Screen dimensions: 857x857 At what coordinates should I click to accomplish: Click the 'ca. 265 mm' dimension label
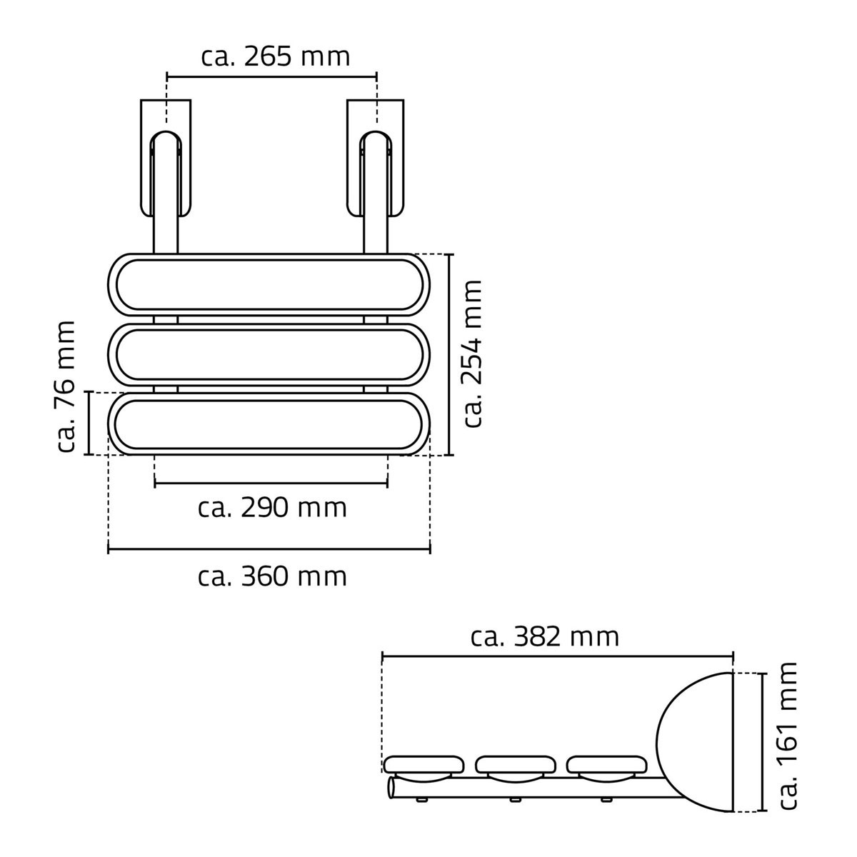pyautogui.click(x=275, y=56)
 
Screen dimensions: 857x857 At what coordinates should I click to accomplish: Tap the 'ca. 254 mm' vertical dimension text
pyautogui.click(x=472, y=354)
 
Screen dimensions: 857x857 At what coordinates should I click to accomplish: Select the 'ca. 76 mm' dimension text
pyautogui.click(x=66, y=386)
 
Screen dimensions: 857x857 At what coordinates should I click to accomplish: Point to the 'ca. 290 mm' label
pyautogui.click(x=272, y=508)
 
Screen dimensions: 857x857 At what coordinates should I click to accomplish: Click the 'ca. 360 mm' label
pyautogui.click(x=272, y=576)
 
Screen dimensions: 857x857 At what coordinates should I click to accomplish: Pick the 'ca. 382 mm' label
pyautogui.click(x=545, y=636)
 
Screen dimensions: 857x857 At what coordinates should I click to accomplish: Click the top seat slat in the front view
pyautogui.click(x=269, y=284)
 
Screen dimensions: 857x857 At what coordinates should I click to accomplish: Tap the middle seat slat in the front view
pyautogui.click(x=269, y=354)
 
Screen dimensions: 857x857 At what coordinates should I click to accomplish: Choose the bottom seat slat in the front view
pyautogui.click(x=269, y=424)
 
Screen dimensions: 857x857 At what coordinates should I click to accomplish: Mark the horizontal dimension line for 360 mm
pyautogui.click(x=269, y=549)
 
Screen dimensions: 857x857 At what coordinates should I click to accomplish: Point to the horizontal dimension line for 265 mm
pyautogui.click(x=271, y=75)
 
